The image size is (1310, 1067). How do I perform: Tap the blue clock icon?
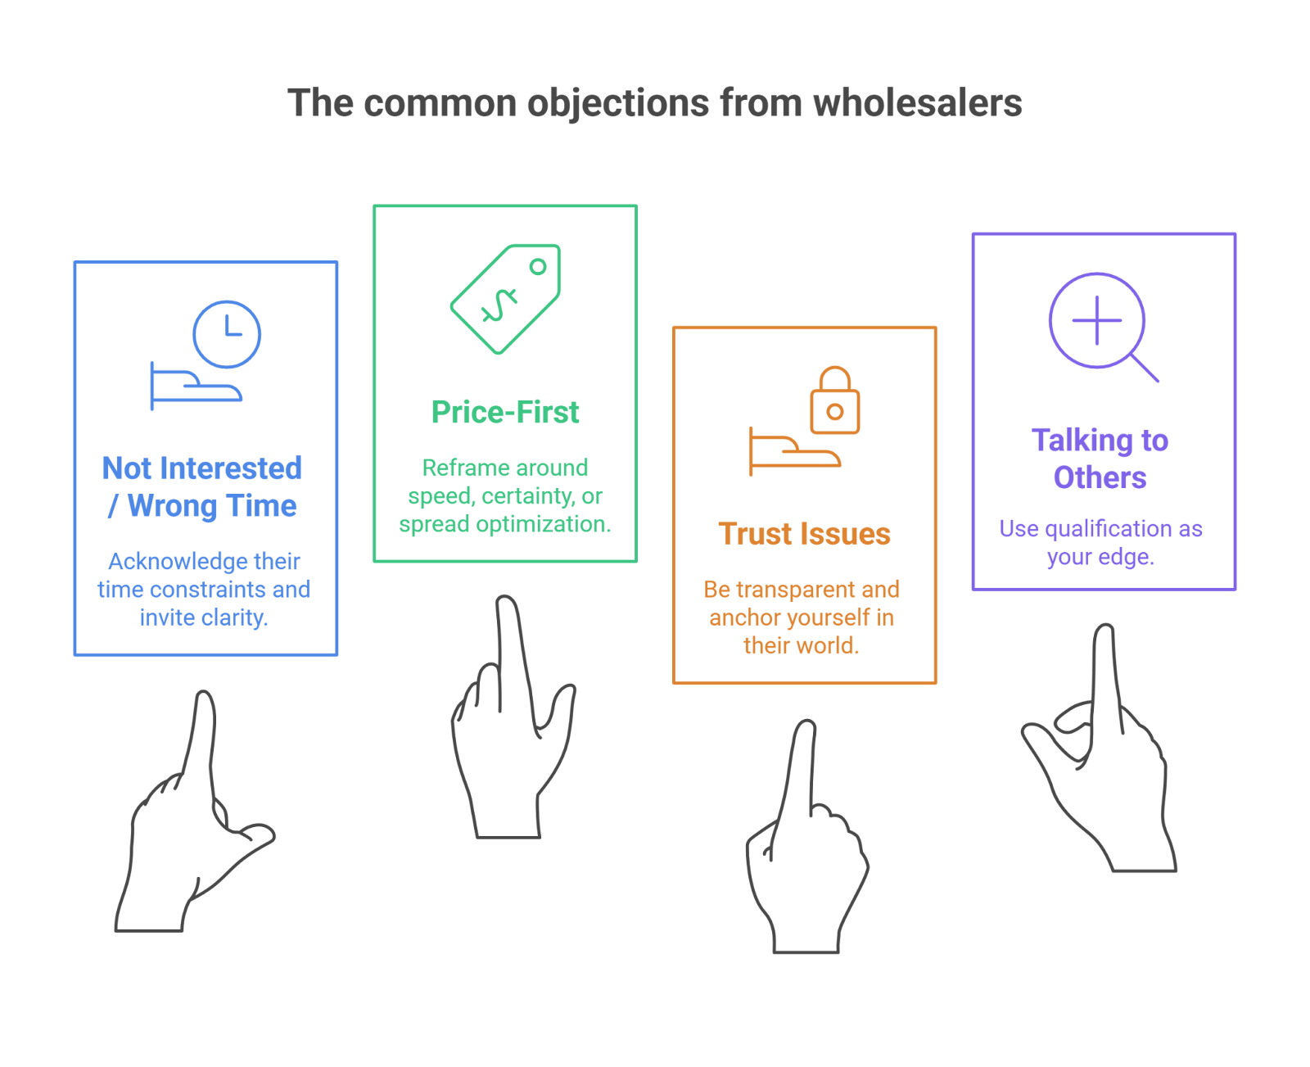coord(227,334)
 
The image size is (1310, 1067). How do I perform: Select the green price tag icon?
coord(507,298)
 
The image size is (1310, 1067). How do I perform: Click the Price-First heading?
coord(505,413)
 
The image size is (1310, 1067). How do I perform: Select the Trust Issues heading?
coord(804,534)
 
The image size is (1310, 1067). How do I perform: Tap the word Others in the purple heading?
coord(1100,477)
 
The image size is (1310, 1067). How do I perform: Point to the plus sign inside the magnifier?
coord(1097,320)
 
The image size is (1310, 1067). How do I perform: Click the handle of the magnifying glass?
coord(1145,368)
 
